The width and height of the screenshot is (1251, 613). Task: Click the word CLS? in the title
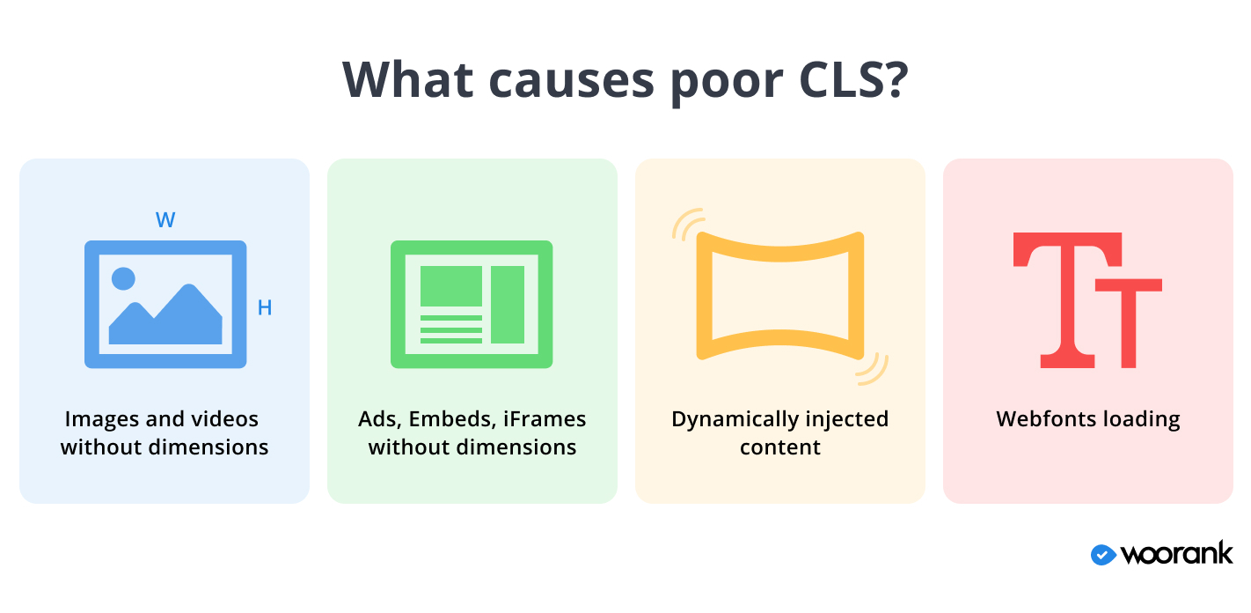pos(852,79)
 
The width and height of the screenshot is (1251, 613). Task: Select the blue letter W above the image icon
pos(165,220)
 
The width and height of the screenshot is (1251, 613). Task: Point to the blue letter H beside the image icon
pos(264,308)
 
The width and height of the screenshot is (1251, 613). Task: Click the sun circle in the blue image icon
pos(124,278)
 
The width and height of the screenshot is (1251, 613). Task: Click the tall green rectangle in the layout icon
pos(508,304)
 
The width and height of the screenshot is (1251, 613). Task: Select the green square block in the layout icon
pos(450,285)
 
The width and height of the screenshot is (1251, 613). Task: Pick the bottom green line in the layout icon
pos(450,340)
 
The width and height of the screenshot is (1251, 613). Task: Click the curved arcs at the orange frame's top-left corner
pos(687,223)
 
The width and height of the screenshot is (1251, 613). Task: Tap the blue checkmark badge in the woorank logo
pos(1103,554)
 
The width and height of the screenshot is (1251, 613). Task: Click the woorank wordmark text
pos(1176,554)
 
